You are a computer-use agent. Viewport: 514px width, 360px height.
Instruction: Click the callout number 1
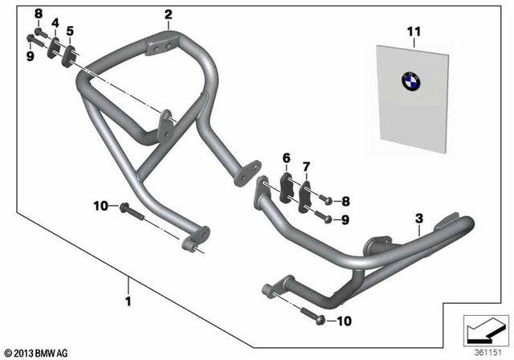[x=128, y=302]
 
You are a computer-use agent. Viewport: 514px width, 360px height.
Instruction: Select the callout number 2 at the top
[x=168, y=14]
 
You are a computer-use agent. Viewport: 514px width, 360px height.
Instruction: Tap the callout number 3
[x=418, y=218]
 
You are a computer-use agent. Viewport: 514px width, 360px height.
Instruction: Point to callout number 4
[x=55, y=22]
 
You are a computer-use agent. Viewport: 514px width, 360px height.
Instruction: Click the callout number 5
[x=70, y=31]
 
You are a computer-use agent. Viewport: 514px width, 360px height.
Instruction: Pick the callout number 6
[x=286, y=157]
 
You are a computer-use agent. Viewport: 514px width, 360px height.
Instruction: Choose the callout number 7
[x=305, y=166]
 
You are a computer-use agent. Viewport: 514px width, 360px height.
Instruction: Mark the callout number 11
[x=414, y=32]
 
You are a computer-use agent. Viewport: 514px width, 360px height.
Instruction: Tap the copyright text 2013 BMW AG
[x=38, y=353]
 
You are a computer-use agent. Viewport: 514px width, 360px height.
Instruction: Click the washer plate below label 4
[x=54, y=47]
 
